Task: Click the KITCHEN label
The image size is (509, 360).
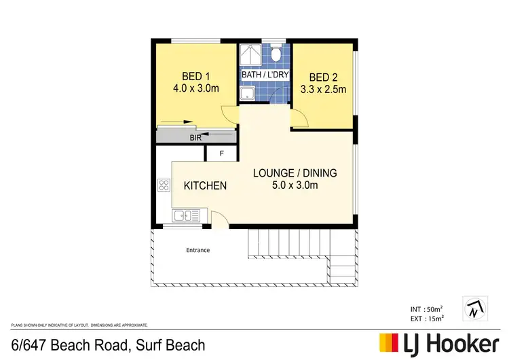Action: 205,185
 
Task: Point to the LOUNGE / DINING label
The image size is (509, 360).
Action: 295,173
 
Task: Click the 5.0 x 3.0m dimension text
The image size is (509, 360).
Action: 295,185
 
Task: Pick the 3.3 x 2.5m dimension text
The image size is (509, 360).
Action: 323,90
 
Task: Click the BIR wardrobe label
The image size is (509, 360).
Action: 195,137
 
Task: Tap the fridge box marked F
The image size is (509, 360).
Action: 221,154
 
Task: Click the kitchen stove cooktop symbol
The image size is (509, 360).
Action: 163,184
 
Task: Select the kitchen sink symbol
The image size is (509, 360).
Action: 185,216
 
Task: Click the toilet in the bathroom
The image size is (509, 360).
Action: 276,53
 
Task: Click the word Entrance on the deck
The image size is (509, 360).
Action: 197,250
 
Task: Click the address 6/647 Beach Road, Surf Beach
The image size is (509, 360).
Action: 108,345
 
